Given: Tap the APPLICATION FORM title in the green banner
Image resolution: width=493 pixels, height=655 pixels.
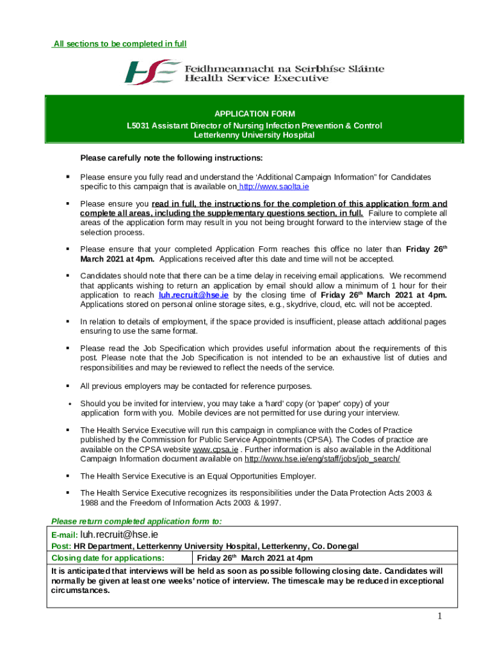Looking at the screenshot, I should point(254,114).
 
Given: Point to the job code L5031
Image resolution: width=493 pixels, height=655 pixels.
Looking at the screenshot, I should point(138,125).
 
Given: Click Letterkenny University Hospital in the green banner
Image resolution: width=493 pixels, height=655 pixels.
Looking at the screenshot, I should point(254,135).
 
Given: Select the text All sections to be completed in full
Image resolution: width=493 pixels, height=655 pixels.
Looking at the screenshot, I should point(120,44).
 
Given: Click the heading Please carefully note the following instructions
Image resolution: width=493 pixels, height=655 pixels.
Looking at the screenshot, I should point(171,158).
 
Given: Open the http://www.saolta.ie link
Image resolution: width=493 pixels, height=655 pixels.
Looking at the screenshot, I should point(275,186).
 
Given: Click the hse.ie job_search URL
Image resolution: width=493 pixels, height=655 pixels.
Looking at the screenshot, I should point(323,459).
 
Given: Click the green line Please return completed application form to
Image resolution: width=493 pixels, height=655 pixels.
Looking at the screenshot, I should point(136,521).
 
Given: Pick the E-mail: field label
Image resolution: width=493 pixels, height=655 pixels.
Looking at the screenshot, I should point(65,535).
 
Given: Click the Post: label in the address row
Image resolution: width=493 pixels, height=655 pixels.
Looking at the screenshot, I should point(61,546).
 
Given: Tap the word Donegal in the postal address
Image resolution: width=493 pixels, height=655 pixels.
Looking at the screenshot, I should point(342,546).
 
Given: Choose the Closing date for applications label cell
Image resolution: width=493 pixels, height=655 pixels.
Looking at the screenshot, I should point(108,558).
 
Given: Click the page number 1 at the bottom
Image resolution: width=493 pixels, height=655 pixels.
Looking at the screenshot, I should point(440,616).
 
